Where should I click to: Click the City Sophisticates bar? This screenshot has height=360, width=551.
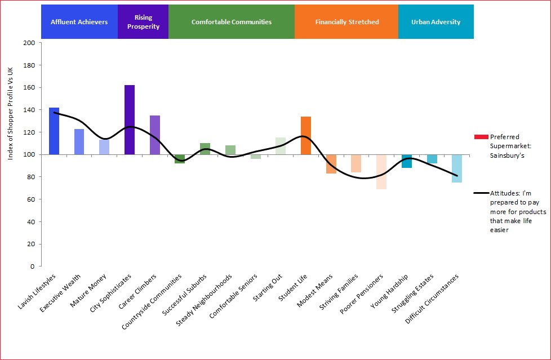click(130, 119)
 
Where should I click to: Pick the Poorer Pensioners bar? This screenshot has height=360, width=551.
click(381, 172)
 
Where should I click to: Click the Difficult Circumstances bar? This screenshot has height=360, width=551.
click(457, 168)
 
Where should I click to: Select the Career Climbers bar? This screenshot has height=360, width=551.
click(155, 135)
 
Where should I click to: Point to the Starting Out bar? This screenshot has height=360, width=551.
click(281, 146)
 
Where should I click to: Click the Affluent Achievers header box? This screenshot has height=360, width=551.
click(79, 22)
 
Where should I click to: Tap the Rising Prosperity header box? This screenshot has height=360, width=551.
click(143, 22)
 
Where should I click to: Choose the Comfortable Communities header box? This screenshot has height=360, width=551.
click(232, 22)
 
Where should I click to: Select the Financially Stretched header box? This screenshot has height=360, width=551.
click(346, 22)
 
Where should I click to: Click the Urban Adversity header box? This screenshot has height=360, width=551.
click(436, 22)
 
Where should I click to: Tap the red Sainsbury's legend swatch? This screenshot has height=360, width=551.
click(481, 137)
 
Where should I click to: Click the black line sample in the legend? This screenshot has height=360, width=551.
click(481, 193)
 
